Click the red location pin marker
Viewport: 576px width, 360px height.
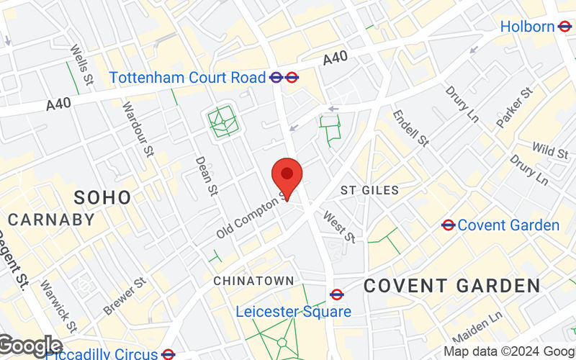click(287, 176)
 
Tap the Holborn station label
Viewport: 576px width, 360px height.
click(528, 27)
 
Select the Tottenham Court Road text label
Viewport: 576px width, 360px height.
click(188, 77)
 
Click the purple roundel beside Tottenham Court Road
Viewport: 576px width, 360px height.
click(276, 77)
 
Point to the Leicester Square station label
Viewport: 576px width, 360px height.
click(294, 312)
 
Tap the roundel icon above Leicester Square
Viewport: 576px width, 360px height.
click(336, 294)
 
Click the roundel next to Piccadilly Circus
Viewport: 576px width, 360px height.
click(168, 354)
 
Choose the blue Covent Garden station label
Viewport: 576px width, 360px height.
click(508, 225)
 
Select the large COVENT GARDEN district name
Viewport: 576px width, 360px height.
click(451, 285)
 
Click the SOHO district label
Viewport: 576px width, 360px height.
click(103, 197)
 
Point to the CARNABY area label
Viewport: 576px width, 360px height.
click(51, 220)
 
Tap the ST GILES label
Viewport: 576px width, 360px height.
click(369, 190)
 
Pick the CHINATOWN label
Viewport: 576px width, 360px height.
click(253, 280)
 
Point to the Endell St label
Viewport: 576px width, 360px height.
click(410, 128)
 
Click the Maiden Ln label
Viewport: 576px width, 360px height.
click(487, 327)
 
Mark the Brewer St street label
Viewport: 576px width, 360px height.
click(125, 294)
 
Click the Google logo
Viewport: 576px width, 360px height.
click(30, 346)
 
